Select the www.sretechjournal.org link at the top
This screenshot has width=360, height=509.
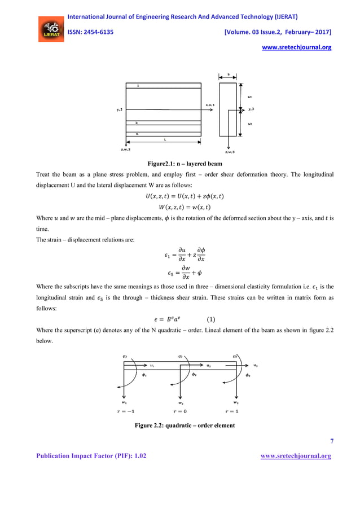pyautogui.click(x=297, y=47)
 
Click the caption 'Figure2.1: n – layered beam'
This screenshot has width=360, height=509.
pyautogui.click(x=180, y=164)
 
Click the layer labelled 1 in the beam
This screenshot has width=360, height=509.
pyautogui.click(x=138, y=86)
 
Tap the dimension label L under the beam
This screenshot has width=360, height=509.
pyautogui.click(x=164, y=138)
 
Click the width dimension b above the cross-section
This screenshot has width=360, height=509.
pyautogui.click(x=229, y=74)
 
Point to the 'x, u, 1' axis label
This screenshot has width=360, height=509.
pyautogui.click(x=210, y=105)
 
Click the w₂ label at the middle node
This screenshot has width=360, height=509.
pyautogui.click(x=181, y=403)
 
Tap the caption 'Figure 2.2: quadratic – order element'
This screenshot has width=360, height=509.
pyautogui.click(x=180, y=424)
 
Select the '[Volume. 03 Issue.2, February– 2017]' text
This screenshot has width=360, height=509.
pyautogui.click(x=278, y=32)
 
